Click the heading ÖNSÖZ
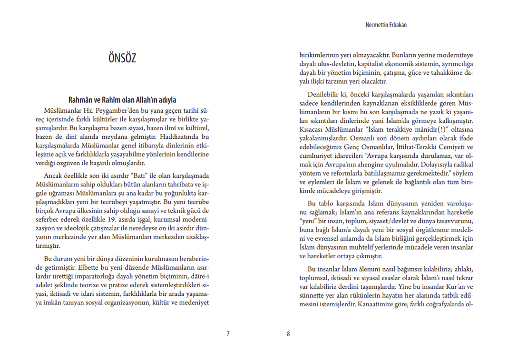(x=122, y=58)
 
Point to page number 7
(x=228, y=333)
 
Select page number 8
(x=288, y=333)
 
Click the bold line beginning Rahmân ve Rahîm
(x=122, y=100)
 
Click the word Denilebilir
(x=324, y=94)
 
